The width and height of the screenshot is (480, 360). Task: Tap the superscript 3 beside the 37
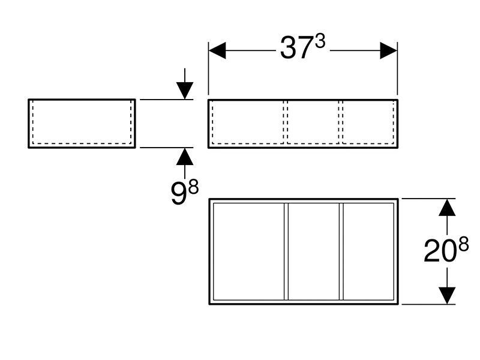point(320,41)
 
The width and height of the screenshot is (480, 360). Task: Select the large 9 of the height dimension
point(178,193)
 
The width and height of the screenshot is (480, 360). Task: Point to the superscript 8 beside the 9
point(193,187)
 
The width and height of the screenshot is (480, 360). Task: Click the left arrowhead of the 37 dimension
point(217,50)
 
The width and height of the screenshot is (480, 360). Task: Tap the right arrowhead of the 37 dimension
point(388,50)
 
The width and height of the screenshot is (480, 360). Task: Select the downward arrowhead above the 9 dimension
point(185,91)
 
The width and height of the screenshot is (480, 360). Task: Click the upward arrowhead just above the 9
point(185,156)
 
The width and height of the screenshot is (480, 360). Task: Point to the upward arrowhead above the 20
point(447,207)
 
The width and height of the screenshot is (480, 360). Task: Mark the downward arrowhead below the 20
point(447,296)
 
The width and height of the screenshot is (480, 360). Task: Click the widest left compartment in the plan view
point(249,251)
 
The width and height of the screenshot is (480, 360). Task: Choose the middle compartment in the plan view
point(314,251)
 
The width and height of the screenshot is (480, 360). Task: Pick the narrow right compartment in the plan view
point(368,251)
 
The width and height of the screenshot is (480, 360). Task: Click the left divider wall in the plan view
point(286,251)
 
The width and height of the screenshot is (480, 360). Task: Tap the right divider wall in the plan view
point(341,251)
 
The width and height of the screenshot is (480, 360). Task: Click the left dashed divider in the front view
point(286,122)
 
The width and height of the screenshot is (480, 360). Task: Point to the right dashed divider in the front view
point(340,122)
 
